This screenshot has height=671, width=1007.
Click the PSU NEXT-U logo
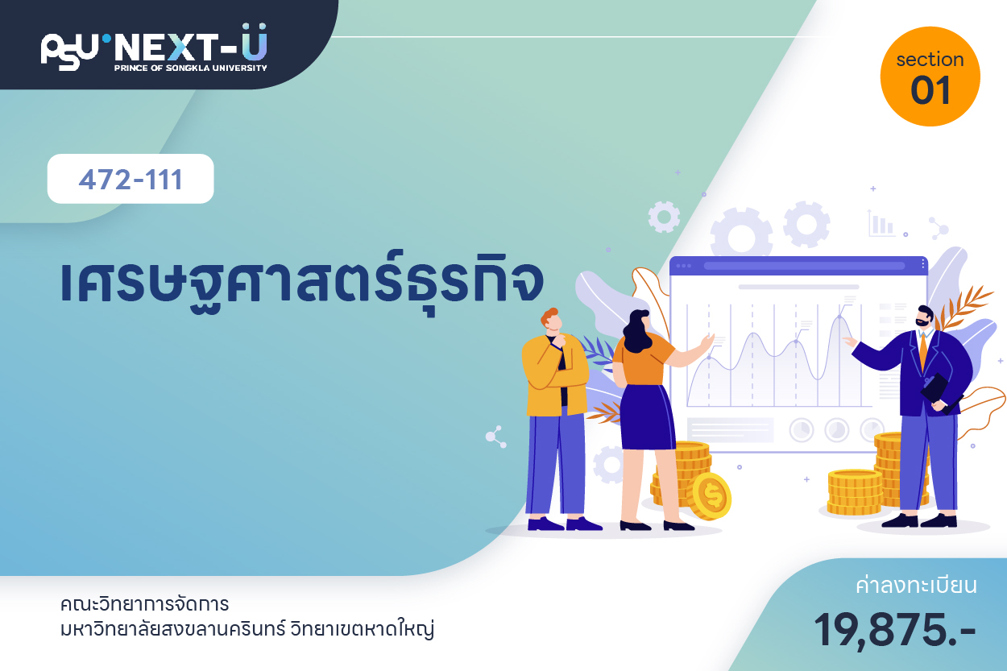coord(154,48)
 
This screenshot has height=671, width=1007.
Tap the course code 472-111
coord(131,180)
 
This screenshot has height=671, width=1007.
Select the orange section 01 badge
coord(930,77)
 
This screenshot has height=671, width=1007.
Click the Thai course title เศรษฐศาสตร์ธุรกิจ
coord(302,284)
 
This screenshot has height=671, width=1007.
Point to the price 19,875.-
coord(894,630)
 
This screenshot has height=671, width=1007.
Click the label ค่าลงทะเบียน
coord(916,586)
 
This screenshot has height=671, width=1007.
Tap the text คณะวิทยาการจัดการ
coord(145,604)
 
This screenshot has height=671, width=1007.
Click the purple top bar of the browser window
coord(798,266)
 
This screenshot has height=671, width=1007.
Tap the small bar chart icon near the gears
coord(881,223)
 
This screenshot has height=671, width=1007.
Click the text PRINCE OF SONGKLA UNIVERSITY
coord(191,68)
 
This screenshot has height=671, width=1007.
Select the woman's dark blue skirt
coord(648,416)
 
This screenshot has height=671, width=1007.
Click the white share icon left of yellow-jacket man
coord(496,437)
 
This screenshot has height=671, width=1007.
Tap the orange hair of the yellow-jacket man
coord(549,315)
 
